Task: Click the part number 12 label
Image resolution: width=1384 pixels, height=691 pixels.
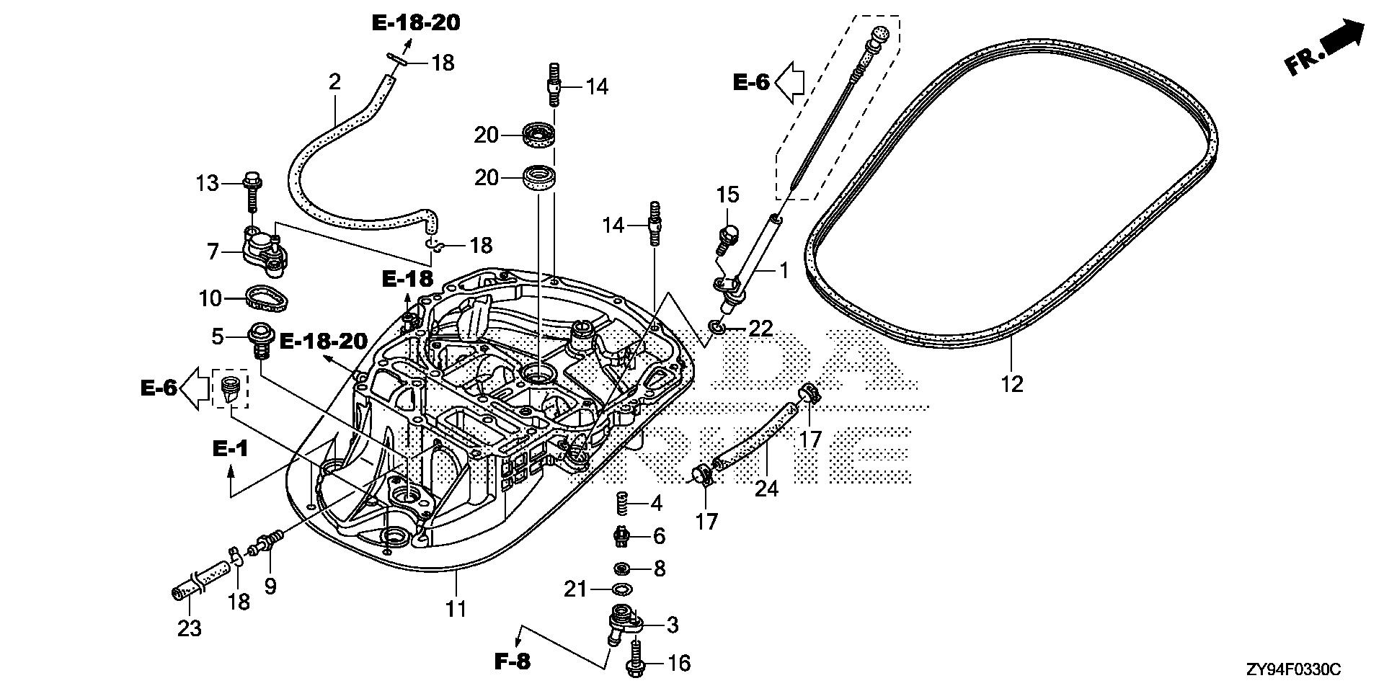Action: (x=1012, y=384)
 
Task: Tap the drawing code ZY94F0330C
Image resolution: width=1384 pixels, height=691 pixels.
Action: (x=1294, y=671)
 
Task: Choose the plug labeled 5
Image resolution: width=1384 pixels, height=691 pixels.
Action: (x=259, y=340)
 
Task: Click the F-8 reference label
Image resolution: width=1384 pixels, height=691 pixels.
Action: (x=513, y=661)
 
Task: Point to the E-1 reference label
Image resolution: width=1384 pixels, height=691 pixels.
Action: (x=230, y=449)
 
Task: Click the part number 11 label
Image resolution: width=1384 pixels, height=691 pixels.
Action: (x=456, y=609)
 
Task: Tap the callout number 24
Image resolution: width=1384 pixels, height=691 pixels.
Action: (x=766, y=489)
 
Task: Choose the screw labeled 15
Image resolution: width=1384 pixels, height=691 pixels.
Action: (x=727, y=238)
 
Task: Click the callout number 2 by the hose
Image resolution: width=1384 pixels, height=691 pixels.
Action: (x=334, y=81)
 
